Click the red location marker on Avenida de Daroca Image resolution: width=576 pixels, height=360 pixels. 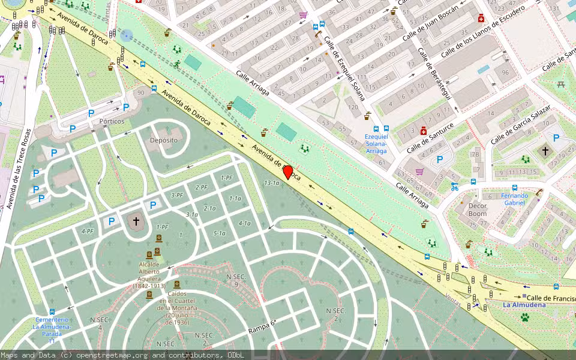pyautogui.click(x=287, y=172)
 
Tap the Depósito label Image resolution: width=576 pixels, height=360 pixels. pyautogui.click(x=164, y=140)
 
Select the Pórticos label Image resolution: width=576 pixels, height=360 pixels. pyautogui.click(x=112, y=121)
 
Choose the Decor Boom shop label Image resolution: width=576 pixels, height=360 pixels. pyautogui.click(x=478, y=210)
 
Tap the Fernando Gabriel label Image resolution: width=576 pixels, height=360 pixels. pyautogui.click(x=515, y=199)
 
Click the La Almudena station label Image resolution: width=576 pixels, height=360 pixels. pyautogui.click(x=524, y=305)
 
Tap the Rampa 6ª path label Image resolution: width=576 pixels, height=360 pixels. pyautogui.click(x=262, y=327)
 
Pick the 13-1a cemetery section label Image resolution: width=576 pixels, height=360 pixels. pyautogui.click(x=272, y=182)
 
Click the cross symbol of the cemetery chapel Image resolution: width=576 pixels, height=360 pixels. pyautogui.click(x=136, y=221)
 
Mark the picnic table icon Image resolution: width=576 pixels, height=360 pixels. pyautogui.click(x=562, y=85)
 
